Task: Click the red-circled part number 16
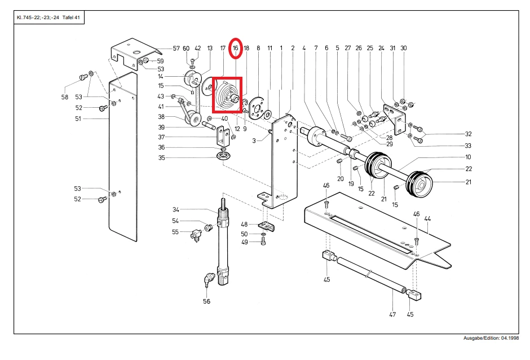point(235,48)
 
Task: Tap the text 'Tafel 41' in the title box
point(71,17)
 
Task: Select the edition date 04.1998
point(510,338)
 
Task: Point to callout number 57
point(176,49)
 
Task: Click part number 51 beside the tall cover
point(78,118)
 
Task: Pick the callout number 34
point(176,209)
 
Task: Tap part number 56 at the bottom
point(206,301)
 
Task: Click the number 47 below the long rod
point(392,314)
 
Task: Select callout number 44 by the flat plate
point(427,219)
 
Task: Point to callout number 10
point(468,157)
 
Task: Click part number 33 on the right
point(468,146)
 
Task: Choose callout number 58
point(65,97)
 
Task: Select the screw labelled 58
point(83,77)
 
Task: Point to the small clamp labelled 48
point(266,226)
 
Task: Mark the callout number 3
point(254,141)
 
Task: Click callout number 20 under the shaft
point(341,179)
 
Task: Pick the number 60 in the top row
point(186,49)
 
